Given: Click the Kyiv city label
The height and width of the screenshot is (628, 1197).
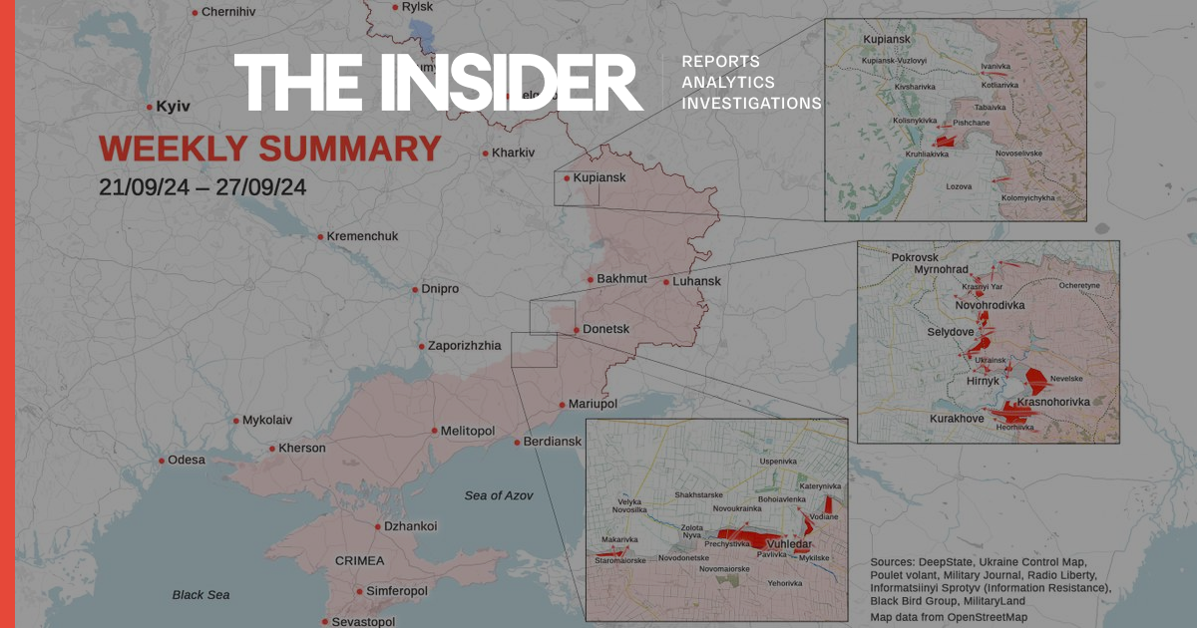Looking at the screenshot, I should pyautogui.click(x=173, y=106).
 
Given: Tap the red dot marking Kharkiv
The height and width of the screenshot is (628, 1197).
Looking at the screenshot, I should pyautogui.click(x=485, y=153).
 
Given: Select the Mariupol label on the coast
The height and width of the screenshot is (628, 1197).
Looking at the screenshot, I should pyautogui.click(x=594, y=404).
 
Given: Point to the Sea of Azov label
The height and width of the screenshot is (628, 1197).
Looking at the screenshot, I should pyautogui.click(x=499, y=495).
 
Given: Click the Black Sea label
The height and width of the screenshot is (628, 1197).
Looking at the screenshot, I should pyautogui.click(x=200, y=595).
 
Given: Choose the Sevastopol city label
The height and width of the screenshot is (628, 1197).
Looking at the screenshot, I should pyautogui.click(x=365, y=621).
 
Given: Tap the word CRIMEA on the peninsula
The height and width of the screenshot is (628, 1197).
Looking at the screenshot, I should pyautogui.click(x=359, y=561).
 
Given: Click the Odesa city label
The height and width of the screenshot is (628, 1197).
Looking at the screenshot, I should pyautogui.click(x=187, y=460).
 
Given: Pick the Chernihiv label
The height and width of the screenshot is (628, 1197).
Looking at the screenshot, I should pyautogui.click(x=228, y=12).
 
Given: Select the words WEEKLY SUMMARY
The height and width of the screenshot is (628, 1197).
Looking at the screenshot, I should pyautogui.click(x=269, y=150).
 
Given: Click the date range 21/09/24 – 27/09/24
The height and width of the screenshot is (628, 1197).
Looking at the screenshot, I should pyautogui.click(x=202, y=186).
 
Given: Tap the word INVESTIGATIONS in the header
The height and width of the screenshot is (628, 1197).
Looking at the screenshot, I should pyautogui.click(x=751, y=103).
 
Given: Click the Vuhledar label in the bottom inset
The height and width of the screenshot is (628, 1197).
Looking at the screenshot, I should pyautogui.click(x=788, y=544).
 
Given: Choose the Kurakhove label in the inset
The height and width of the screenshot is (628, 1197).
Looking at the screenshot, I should pyautogui.click(x=957, y=419).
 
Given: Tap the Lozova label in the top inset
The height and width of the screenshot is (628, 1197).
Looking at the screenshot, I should pyautogui.click(x=959, y=185).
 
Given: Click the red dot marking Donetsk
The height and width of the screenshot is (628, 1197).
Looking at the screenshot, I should pyautogui.click(x=576, y=329).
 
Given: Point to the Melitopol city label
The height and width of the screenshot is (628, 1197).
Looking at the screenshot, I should pyautogui.click(x=469, y=431).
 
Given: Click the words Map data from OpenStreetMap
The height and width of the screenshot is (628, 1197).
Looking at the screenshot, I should pyautogui.click(x=948, y=618).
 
